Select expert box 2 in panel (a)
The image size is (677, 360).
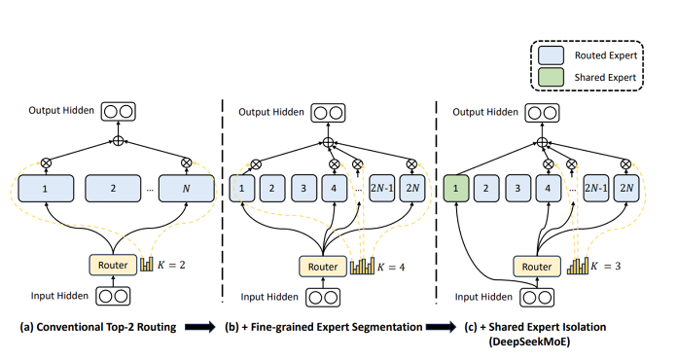point(113,187)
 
